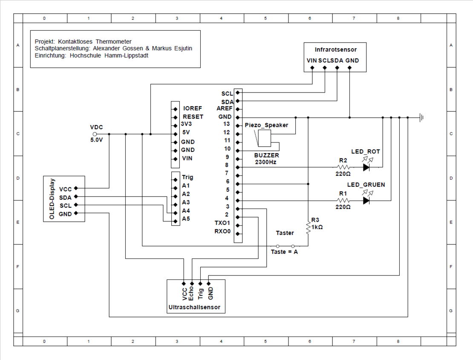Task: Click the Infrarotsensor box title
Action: (x=335, y=49)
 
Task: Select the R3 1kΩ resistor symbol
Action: (x=308, y=227)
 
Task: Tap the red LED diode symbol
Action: (x=366, y=167)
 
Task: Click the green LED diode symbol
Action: (x=366, y=200)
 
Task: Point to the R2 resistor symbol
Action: (x=343, y=167)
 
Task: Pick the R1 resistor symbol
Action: (x=343, y=200)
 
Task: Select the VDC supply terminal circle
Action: (x=95, y=134)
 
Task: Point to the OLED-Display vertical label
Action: (x=52, y=198)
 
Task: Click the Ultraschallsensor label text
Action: (x=195, y=307)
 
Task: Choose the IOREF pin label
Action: (x=192, y=109)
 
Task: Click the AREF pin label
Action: (x=225, y=109)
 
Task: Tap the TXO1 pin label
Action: (x=222, y=223)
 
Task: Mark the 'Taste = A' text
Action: (x=284, y=252)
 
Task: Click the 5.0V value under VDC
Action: (x=96, y=140)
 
